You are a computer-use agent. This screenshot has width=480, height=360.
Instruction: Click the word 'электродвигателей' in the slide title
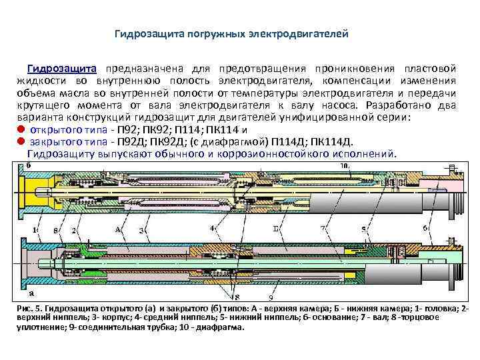pyautogui.click(x=305, y=33)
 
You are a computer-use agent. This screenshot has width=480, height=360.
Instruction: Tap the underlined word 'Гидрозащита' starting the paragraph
pyautogui.click(x=62, y=69)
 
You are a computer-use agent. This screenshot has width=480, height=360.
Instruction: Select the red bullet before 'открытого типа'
pyautogui.click(x=21, y=129)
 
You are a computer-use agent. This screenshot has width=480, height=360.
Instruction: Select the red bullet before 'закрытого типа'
pyautogui.click(x=21, y=141)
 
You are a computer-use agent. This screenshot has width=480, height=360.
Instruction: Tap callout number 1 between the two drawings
pyautogui.click(x=35, y=229)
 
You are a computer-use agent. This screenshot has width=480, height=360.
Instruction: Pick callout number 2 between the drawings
pyautogui.click(x=75, y=230)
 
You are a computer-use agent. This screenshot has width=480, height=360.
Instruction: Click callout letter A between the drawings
pyautogui.click(x=119, y=229)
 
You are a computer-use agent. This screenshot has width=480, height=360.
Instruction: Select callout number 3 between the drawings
pyautogui.click(x=141, y=229)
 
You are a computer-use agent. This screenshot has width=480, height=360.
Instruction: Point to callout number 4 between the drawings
pyautogui.click(x=212, y=228)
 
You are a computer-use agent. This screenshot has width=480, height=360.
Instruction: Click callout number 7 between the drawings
pyautogui.click(x=323, y=228)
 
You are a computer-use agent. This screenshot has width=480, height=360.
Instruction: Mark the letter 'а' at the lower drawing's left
pyautogui.click(x=31, y=293)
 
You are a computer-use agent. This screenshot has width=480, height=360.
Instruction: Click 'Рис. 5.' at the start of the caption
pyautogui.click(x=29, y=310)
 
